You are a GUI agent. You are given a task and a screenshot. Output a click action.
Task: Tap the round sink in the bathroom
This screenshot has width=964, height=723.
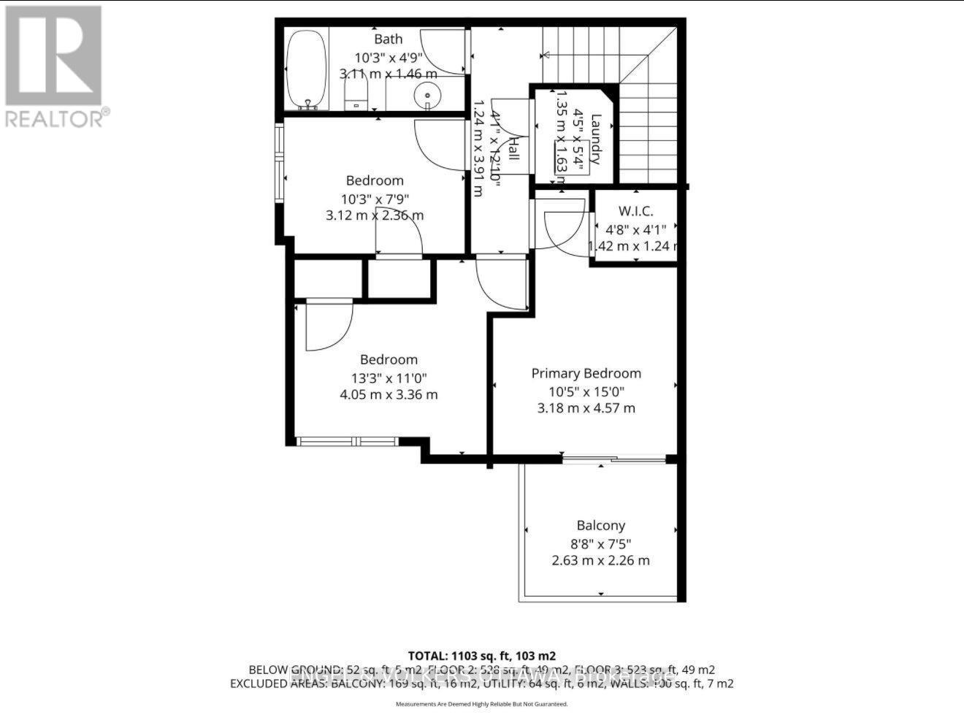(426, 95)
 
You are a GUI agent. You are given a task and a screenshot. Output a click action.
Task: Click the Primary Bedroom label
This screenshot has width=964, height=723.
(586, 373)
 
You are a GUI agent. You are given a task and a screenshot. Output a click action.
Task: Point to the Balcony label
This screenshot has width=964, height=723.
(600, 525)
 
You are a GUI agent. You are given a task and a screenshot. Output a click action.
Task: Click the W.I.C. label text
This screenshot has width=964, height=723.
(635, 211)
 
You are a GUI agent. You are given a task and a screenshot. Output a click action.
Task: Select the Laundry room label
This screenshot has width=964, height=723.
(596, 139)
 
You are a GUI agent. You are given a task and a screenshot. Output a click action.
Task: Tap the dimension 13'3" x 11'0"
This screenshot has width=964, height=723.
(389, 378)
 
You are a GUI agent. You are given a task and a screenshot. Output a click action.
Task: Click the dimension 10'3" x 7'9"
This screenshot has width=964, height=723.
(375, 199)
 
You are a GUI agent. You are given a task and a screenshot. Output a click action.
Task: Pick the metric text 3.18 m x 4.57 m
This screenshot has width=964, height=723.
(586, 408)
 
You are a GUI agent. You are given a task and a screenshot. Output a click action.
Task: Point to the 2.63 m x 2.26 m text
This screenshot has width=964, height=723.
(600, 560)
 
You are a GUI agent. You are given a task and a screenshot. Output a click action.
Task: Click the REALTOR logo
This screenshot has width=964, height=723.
(56, 66)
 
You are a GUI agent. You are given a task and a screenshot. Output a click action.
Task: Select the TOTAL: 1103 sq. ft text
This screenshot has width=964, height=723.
(482, 656)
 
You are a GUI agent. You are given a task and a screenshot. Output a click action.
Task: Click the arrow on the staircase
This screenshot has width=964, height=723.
(562, 55)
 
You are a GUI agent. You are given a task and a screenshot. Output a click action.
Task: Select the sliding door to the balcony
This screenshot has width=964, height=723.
(613, 459)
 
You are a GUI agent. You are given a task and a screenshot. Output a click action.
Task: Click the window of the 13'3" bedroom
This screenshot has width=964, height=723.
(348, 441)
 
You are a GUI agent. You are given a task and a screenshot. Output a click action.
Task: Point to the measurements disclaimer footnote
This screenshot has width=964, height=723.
(481, 704)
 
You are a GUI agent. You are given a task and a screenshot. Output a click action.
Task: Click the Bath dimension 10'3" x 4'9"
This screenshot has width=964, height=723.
(389, 57)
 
